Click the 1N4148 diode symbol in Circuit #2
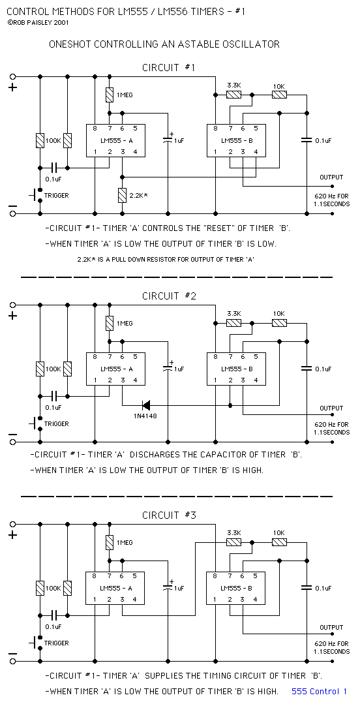pyautogui.click(x=145, y=405)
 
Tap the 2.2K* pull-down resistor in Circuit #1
pyautogui.click(x=122, y=195)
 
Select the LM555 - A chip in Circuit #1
pyautogui.click(x=115, y=140)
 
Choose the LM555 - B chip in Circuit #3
pyautogui.click(x=236, y=588)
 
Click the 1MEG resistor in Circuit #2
pyautogui.click(x=110, y=323)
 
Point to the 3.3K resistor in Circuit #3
pyautogui.click(x=233, y=542)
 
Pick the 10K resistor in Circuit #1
pyautogui.click(x=279, y=95)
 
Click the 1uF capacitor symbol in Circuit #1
pyautogui.click(x=168, y=140)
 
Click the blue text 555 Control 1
pyautogui.click(x=319, y=691)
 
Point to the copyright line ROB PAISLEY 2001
pyautogui.click(x=38, y=22)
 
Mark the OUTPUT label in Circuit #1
pyautogui.click(x=331, y=177)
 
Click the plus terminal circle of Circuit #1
pyautogui.click(x=12, y=76)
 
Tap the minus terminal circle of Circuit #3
pyautogui.click(x=12, y=662)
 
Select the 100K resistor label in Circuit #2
pyautogui.click(x=53, y=369)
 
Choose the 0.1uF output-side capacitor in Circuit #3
pyautogui.click(x=307, y=588)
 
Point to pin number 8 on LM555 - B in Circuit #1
pyautogui.click(x=216, y=129)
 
